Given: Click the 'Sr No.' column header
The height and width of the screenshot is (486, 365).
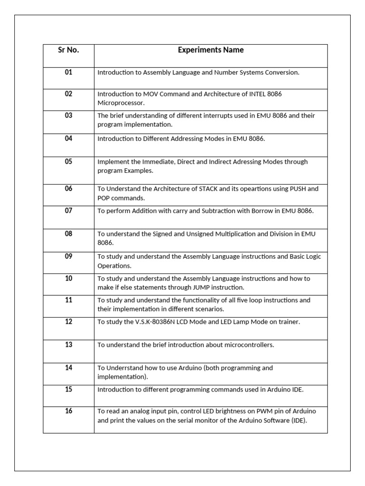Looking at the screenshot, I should click(x=68, y=50).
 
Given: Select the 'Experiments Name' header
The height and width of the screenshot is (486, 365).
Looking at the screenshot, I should click(x=211, y=50).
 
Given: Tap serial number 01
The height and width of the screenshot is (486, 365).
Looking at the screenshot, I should click(x=68, y=72).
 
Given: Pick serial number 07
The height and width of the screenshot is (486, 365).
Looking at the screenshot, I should click(x=68, y=210).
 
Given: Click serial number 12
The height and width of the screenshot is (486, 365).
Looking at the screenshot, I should click(x=68, y=322).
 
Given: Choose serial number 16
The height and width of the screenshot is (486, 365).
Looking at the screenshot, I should click(x=68, y=411).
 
